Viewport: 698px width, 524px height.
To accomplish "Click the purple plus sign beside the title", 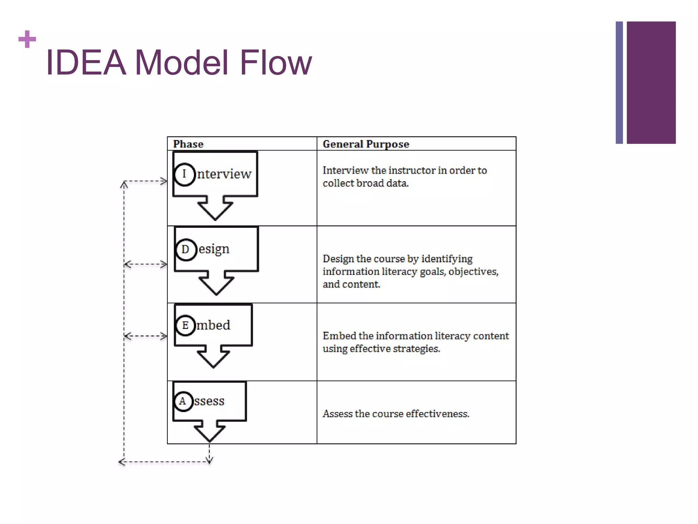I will pyautogui.click(x=27, y=39).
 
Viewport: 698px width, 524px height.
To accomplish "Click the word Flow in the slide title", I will pyautogui.click(x=275, y=63).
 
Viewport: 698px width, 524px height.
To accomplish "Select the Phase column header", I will pyautogui.click(x=188, y=144).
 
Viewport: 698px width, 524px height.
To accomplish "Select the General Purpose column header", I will pyautogui.click(x=366, y=144).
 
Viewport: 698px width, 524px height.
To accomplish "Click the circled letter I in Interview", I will pyautogui.click(x=184, y=174).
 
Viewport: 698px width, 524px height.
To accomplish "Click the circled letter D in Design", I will pyautogui.click(x=186, y=249).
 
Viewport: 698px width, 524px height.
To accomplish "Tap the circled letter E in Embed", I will pyautogui.click(x=185, y=325).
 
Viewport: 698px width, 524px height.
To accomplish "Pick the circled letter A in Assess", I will pyautogui.click(x=183, y=401).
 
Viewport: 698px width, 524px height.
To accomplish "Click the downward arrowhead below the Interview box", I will pyautogui.click(x=215, y=210).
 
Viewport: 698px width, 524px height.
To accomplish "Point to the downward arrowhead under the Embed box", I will pyautogui.click(x=213, y=358).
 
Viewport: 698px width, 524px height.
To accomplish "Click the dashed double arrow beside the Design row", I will pyautogui.click(x=146, y=264).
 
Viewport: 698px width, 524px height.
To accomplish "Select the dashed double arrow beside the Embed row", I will pyautogui.click(x=146, y=336).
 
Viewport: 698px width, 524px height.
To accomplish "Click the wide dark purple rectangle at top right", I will pyautogui.click(x=651, y=83).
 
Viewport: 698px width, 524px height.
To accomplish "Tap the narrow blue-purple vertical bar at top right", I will pyautogui.click(x=619, y=83).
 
